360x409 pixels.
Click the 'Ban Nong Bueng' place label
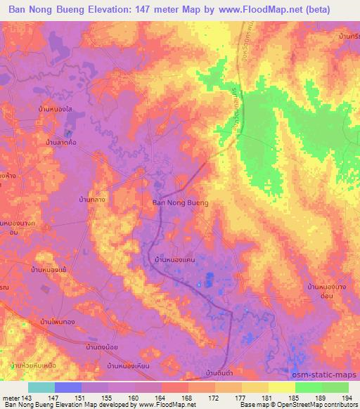(x=180, y=202)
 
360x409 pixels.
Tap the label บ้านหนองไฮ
(x=58, y=110)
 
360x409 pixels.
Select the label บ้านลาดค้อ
(x=61, y=143)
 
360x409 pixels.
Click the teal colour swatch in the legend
(x=41, y=387)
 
